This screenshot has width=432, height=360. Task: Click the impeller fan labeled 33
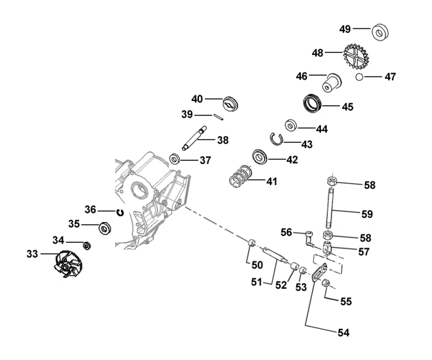pos(69,264)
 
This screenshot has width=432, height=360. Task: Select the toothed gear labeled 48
pos(355,56)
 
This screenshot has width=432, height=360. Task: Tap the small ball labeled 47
pos(360,77)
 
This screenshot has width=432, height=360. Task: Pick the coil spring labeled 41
pos(241,176)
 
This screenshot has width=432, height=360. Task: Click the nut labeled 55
pos(326,284)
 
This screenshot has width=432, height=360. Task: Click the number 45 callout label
pos(347,106)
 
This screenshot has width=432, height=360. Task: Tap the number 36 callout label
pos(91,210)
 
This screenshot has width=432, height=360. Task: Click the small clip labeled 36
pos(120,212)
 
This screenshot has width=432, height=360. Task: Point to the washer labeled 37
pos(175,159)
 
